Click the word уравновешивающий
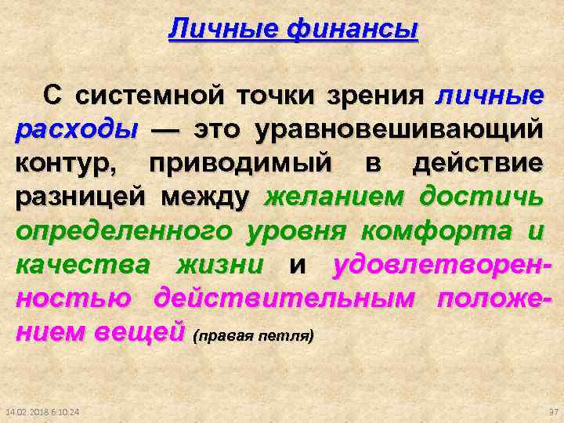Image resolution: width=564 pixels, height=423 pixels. coord(397,130)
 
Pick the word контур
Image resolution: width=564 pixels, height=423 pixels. coord(67,164)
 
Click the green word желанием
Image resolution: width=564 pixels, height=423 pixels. coord(335,198)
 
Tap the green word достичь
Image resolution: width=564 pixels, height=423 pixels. coord(480,198)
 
